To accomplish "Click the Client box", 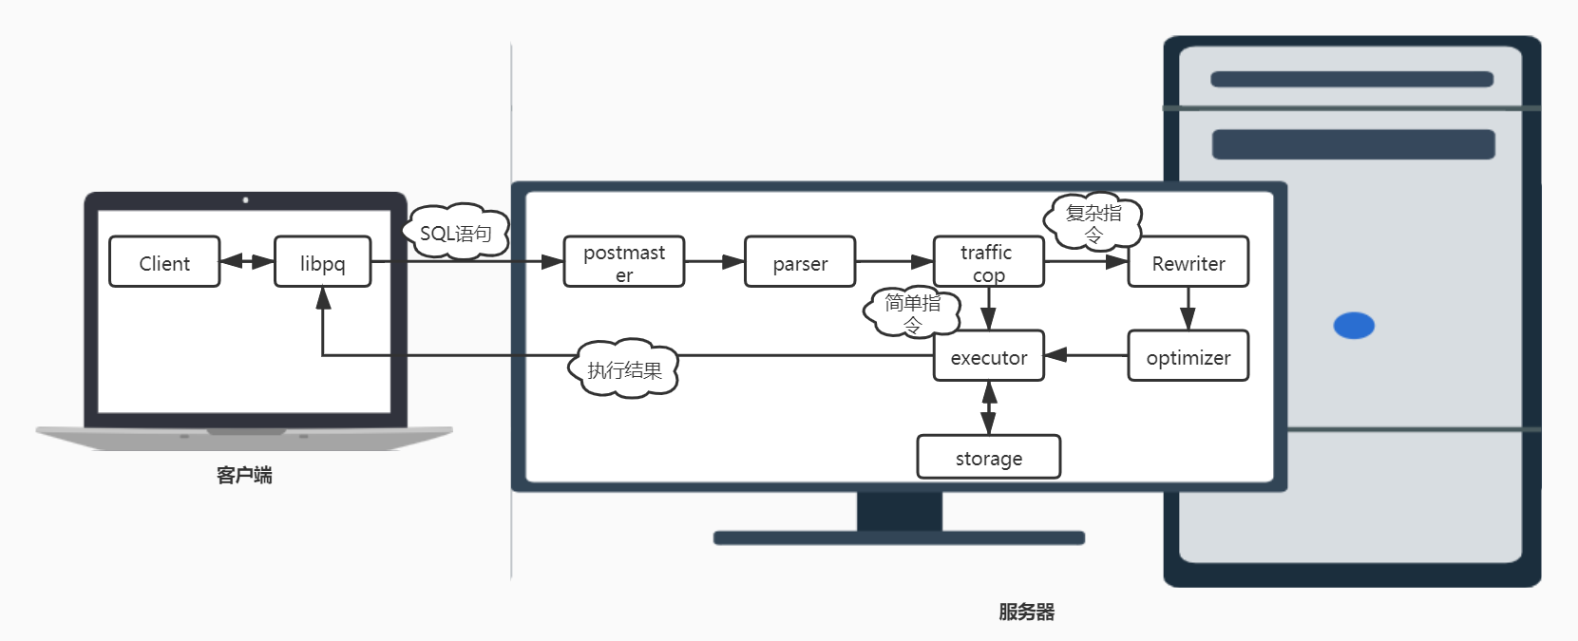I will point(164,262).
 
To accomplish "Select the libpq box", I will point(322,262).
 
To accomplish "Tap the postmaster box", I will point(623,262).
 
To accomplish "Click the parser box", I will point(800,262).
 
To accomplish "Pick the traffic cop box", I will point(988,262).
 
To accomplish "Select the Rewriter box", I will point(1188,262).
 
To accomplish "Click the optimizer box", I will point(1188,356).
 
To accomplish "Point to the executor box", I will point(988,356).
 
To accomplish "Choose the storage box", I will point(988,458).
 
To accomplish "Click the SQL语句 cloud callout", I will point(455,232).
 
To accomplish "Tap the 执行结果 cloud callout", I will point(624,368).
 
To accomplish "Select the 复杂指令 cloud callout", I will point(1093,221).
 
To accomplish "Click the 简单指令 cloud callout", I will point(912,311).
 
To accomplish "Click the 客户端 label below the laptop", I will point(244,475).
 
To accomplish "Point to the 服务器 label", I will point(1026,612).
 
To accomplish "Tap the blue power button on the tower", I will point(1354,326).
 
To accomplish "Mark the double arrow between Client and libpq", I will point(247,261).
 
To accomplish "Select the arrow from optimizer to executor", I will point(1086,355).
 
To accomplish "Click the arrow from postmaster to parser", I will point(714,261).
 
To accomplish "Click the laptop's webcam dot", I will point(245,200).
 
